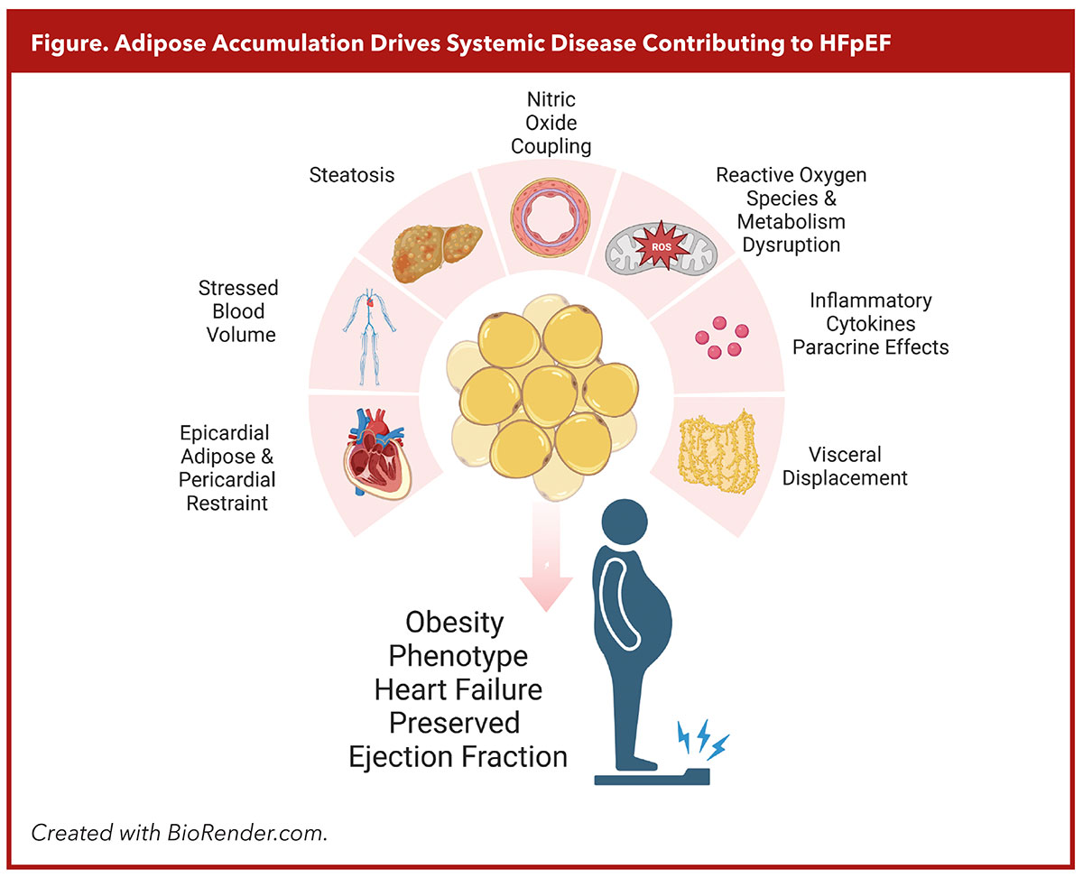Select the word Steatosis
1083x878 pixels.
coord(352,175)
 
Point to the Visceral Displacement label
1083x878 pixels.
coord(845,466)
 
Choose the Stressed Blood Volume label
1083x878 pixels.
coord(238,311)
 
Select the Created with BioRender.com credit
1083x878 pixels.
coord(179,832)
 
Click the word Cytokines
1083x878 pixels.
coord(871,324)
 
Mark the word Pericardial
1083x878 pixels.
coord(227,479)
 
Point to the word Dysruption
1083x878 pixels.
coord(791,245)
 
